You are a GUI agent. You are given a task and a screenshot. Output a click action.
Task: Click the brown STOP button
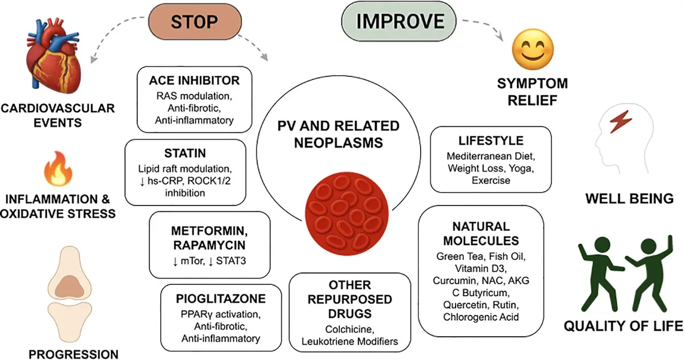195,22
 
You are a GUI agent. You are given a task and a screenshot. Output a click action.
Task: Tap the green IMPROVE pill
399,21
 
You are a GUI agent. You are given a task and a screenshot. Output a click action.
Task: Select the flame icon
58,169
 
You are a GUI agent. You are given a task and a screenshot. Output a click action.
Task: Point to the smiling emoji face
533,50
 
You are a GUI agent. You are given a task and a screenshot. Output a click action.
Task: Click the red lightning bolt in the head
621,121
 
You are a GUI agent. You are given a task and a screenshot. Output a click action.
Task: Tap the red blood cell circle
347,214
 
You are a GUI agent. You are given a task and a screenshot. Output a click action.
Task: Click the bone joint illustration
70,294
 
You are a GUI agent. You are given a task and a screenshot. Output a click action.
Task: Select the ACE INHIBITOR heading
194,80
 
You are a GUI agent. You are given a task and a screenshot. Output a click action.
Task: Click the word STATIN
185,153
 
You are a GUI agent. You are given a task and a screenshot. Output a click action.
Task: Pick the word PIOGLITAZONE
221,298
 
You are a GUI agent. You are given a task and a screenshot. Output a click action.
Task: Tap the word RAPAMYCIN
210,246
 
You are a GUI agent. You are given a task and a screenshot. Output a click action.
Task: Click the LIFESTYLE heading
491,141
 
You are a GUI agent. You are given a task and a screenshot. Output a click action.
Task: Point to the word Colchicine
349,329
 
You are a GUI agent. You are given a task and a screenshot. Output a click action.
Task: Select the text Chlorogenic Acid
481,317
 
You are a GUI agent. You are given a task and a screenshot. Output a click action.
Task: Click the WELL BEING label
630,199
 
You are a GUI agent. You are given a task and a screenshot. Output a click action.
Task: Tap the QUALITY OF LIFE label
623,326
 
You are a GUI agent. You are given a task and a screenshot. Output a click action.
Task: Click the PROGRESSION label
74,354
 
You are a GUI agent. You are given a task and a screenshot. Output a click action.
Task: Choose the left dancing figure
600,275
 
